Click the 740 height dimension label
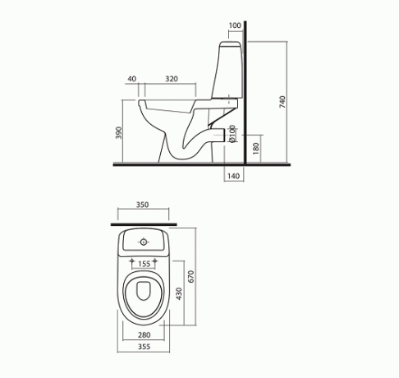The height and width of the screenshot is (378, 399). [282, 102]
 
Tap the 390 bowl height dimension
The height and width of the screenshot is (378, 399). [118, 132]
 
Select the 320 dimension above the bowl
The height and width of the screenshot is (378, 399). [172, 79]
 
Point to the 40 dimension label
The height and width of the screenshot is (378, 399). [132, 79]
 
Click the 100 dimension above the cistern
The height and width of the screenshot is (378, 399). [235, 25]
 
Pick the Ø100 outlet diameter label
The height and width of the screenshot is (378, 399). [232, 134]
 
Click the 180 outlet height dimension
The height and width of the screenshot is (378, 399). [256, 148]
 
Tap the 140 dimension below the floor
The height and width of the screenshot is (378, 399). [233, 176]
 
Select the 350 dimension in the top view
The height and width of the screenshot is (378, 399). [142, 205]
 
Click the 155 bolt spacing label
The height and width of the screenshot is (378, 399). [144, 264]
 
